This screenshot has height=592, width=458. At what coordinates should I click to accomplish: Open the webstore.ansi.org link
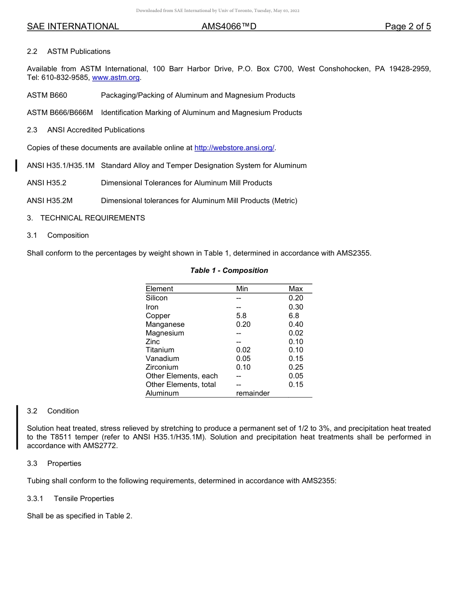coord(234,148)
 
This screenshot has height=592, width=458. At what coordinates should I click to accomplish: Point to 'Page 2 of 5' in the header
coord(407,26)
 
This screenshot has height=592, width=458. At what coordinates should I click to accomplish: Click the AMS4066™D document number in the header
coord(229,26)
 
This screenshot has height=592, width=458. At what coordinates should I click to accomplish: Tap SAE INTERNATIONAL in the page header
coord(73,26)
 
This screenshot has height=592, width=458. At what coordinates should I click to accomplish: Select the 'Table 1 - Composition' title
coord(229,270)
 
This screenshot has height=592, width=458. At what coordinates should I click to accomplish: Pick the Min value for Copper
coord(241,316)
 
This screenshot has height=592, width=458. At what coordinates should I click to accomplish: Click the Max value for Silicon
coord(296,298)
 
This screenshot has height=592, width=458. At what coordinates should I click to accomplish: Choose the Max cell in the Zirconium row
coord(296,367)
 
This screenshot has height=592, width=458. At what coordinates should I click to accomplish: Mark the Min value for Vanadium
coord(243,359)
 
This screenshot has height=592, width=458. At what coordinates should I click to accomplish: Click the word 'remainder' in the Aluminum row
coord(253,393)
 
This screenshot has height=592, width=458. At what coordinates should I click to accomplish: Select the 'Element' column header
coord(159,289)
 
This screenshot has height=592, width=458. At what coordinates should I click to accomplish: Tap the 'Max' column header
coord(296,289)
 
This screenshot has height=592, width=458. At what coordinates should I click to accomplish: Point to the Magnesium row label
coord(165,333)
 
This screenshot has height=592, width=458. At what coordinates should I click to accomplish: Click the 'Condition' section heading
coord(63,411)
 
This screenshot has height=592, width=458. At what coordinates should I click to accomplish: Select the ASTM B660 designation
coord(47,95)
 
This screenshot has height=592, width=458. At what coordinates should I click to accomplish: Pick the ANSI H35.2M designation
coord(50,201)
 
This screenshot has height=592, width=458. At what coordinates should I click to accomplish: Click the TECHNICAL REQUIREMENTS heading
coord(93,218)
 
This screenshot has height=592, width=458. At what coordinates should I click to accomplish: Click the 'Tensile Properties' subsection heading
coord(84,499)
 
